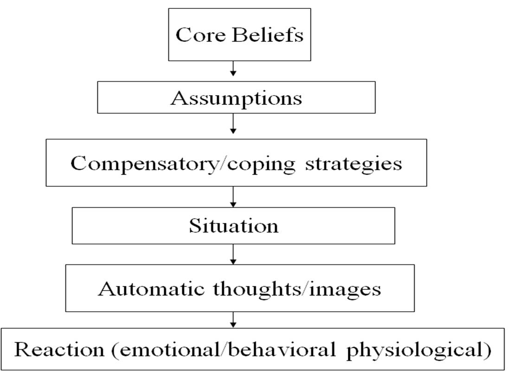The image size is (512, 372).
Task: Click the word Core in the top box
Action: click(198, 35)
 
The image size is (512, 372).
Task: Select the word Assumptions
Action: click(236, 98)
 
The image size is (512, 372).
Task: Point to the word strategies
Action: click(354, 164)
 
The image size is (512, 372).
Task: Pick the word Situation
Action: click(233, 226)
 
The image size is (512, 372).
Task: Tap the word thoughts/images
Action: click(297, 289)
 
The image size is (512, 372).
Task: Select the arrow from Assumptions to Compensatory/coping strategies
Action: click(233, 124)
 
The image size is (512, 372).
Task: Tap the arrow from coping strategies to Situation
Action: click(233, 197)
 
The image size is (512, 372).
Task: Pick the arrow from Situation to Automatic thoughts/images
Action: click(233, 254)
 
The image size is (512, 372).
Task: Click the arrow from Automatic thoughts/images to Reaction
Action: click(233, 319)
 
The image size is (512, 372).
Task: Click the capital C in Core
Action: click(183, 35)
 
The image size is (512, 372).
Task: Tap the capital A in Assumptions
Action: click(179, 98)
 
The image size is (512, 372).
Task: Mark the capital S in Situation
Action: click(194, 226)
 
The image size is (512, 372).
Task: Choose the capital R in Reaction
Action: click(23, 350)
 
